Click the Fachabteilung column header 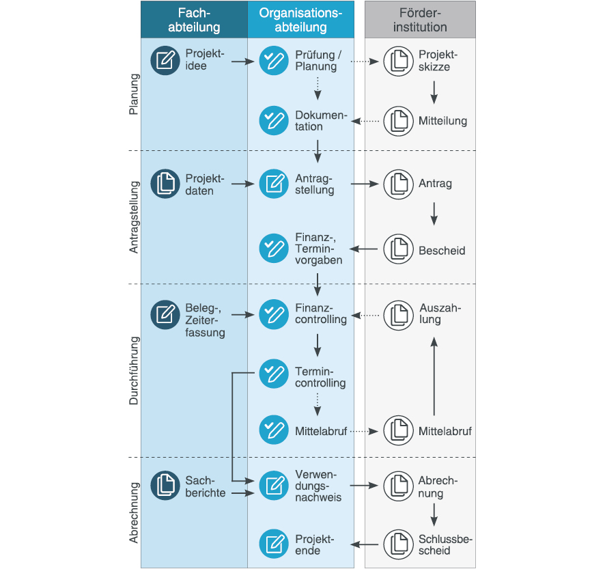point(194,20)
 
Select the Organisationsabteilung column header point(301,20)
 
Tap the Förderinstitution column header point(420,20)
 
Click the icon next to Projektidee point(165,61)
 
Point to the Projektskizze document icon point(399,61)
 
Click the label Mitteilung point(442,121)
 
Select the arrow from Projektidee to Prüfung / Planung point(242,61)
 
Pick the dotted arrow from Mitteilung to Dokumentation point(365,121)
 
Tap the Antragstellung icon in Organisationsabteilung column point(274,184)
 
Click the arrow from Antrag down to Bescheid point(434,214)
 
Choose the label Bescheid point(442,251)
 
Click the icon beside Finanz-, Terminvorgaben point(274,248)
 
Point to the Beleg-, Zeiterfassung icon point(165,315)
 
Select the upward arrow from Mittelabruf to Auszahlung point(434,376)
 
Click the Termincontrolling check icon point(274,374)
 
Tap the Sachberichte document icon point(165,485)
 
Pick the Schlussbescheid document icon point(399,544)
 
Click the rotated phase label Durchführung point(134,371)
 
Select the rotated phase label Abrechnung point(134,512)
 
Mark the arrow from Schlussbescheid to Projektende point(365,544)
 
